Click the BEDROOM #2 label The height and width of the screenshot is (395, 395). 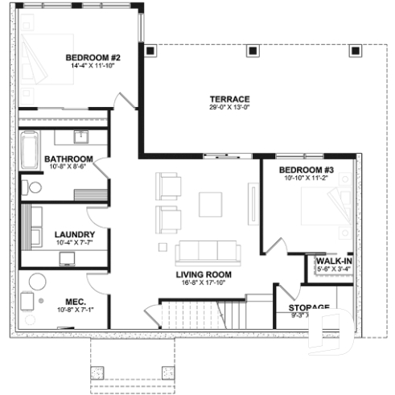[93, 58]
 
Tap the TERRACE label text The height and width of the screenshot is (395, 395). [230, 98]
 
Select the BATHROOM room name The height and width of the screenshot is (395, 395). [68, 158]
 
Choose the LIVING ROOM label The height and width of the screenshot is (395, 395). [204, 274]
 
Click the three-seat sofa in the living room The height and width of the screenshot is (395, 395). [208, 252]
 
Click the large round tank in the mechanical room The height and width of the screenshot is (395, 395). [38, 283]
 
